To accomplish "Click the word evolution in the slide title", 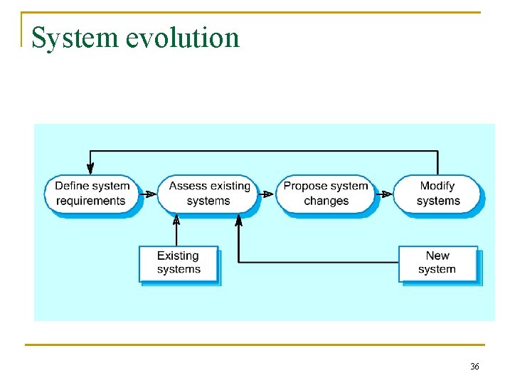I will point(183,38).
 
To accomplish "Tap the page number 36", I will point(474,366).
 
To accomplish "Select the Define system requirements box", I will point(92,194).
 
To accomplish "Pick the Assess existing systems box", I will point(208,194).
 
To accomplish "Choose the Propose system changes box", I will point(326,194).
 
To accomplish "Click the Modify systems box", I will point(437,194).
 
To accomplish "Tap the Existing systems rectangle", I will point(178,263).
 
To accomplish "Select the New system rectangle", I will point(437,263).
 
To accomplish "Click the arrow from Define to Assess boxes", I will point(150,194).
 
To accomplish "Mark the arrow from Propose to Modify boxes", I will point(385,194).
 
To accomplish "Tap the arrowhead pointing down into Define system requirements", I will point(90,168).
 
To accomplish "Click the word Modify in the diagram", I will point(437,186).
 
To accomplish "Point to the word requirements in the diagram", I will point(90,201).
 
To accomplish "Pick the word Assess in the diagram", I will point(188,186).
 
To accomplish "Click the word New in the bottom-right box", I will point(437,256).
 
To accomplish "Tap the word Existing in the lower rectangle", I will point(178,256).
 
